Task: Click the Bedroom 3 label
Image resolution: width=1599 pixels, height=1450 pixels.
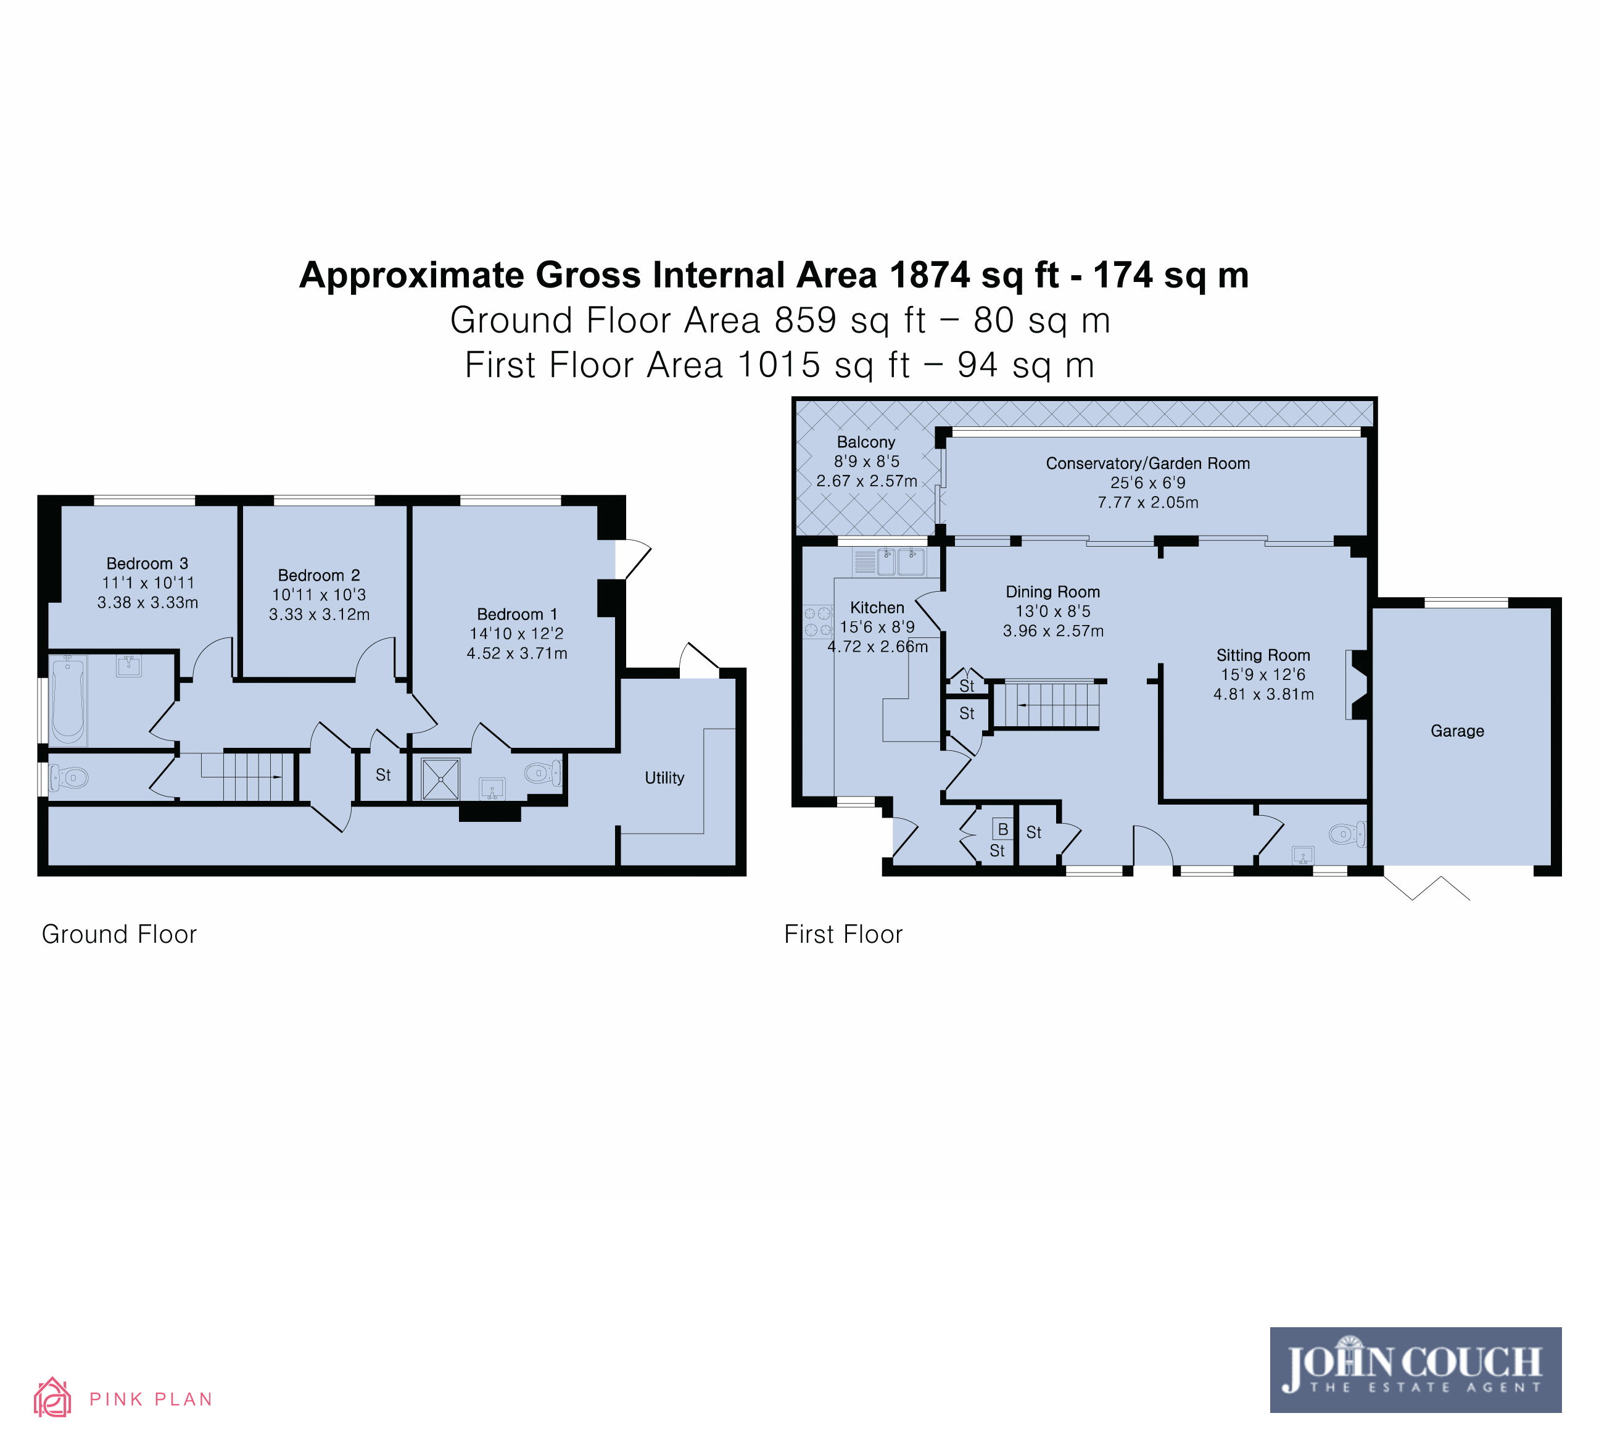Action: (x=147, y=563)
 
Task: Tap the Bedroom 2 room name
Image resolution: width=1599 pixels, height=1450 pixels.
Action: (x=319, y=575)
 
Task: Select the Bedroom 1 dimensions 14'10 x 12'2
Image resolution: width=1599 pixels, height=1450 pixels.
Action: (x=516, y=633)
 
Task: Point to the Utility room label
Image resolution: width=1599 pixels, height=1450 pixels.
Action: (x=664, y=778)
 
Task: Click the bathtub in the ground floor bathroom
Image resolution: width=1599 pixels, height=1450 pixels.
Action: (x=68, y=700)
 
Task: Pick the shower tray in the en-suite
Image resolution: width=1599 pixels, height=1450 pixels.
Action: (x=440, y=778)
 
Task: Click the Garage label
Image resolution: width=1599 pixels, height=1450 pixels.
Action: (x=1457, y=731)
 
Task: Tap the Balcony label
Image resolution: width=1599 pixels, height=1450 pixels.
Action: (x=866, y=442)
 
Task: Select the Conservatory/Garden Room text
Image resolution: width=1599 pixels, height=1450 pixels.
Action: (x=1147, y=463)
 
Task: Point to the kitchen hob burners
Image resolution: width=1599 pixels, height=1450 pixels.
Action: (x=818, y=622)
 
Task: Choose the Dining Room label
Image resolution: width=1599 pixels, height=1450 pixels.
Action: (x=1052, y=592)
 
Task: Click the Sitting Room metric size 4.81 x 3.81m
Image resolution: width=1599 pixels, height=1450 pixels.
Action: (x=1263, y=694)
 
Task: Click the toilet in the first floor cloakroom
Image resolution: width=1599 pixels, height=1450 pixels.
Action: (x=1347, y=834)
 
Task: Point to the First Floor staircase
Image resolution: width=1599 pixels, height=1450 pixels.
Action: (x=1047, y=705)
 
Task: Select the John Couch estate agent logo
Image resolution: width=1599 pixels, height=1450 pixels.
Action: (x=1416, y=1370)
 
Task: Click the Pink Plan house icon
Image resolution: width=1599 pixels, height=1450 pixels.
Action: (x=52, y=1397)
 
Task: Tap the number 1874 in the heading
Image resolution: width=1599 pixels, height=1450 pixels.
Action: (x=930, y=275)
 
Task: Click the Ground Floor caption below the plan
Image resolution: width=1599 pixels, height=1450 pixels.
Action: (x=119, y=934)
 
